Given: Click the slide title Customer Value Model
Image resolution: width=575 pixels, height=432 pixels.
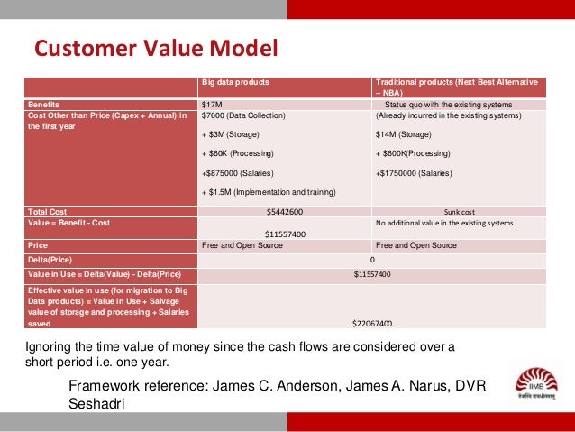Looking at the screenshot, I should point(156,47).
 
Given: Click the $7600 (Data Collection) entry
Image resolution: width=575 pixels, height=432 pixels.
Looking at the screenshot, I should point(242,115).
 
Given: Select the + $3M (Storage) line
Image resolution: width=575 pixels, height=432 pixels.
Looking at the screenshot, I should point(230,135).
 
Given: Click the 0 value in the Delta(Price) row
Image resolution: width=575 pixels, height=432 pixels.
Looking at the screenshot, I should point(372,259).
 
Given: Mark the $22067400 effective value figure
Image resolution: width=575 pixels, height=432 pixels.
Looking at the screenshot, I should point(371,323).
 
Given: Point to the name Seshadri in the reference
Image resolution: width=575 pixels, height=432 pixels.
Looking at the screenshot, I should point(99,404).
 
